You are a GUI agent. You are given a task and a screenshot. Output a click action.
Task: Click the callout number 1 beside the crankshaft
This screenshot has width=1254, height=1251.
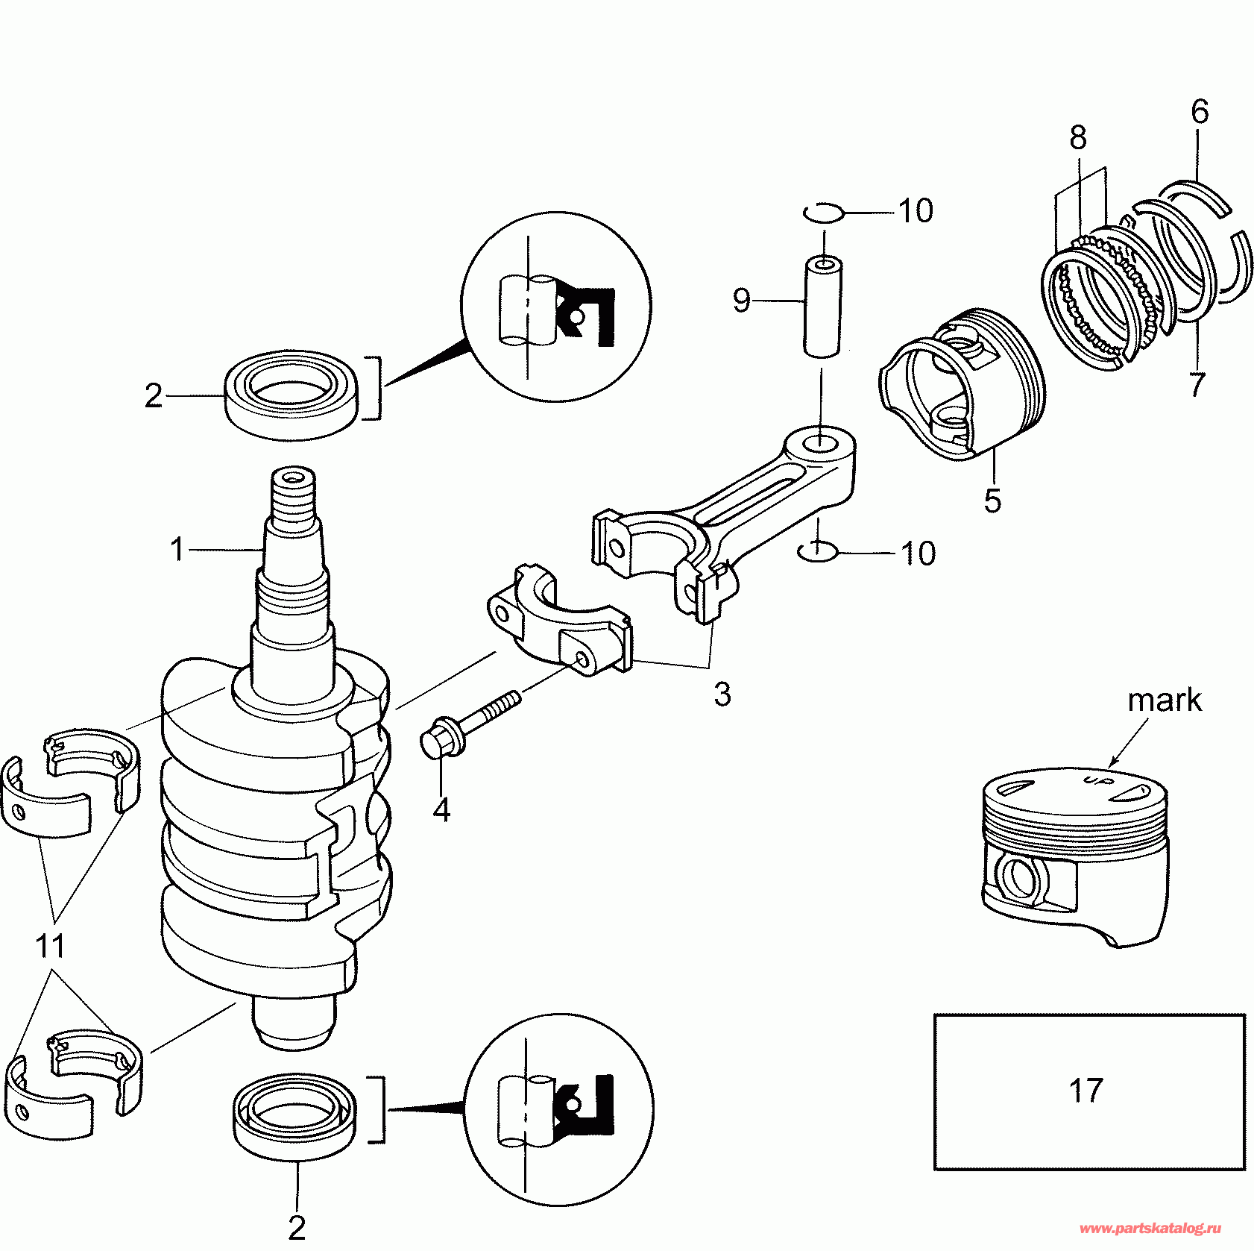click(x=177, y=550)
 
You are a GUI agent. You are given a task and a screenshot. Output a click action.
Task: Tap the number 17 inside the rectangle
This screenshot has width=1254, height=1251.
click(x=1086, y=1091)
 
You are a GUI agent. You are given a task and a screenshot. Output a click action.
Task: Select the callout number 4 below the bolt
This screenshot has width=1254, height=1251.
click(x=441, y=809)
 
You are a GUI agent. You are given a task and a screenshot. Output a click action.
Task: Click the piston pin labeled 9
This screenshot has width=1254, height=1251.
click(x=822, y=307)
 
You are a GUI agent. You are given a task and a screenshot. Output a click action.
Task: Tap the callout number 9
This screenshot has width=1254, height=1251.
click(x=741, y=301)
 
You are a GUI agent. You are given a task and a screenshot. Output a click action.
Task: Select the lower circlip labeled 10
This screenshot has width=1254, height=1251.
click(x=818, y=551)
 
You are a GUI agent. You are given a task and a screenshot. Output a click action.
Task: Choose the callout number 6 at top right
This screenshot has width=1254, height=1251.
click(x=1199, y=112)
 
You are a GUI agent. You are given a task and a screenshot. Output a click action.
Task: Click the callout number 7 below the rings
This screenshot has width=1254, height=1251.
click(x=1197, y=385)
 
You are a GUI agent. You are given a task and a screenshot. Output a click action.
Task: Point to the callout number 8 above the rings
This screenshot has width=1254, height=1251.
click(x=1078, y=138)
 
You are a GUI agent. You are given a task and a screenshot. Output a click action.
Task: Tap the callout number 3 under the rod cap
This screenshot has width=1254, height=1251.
click(x=722, y=694)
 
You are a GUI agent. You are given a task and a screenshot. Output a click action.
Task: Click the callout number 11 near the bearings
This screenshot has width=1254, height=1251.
click(x=50, y=946)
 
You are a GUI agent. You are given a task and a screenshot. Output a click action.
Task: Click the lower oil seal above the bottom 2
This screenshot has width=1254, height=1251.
click(x=294, y=1118)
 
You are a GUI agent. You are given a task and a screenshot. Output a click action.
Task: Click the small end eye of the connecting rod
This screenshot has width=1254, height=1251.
click(x=819, y=442)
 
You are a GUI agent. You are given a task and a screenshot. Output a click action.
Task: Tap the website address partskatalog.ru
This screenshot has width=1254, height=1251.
click(x=1154, y=1228)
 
